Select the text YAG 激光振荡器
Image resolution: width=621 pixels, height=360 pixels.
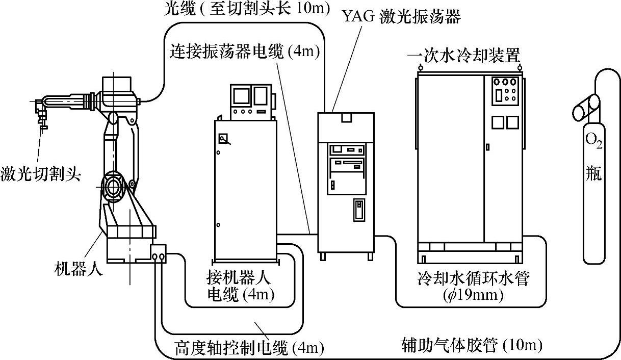coord(401,17)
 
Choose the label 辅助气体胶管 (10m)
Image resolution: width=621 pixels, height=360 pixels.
coord(471,346)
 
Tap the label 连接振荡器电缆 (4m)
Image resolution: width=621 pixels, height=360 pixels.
coord(245,51)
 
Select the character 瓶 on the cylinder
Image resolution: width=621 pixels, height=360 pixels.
coord(593,173)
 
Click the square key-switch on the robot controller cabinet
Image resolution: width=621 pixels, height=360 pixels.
coord(223,139)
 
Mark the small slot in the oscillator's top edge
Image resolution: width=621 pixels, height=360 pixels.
coord(346,118)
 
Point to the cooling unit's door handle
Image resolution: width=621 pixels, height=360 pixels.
coord(487,147)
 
